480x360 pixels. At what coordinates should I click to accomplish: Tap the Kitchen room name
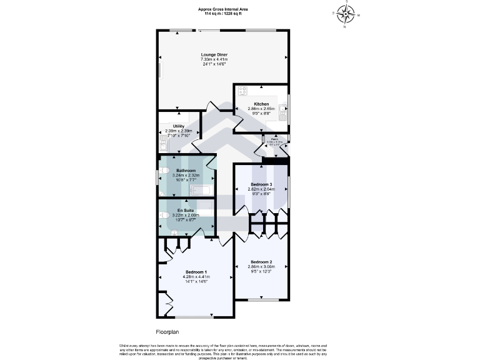(x=261, y=104)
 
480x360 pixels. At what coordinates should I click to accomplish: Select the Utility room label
(x=179, y=126)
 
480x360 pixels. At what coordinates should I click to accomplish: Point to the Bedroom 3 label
(x=261, y=184)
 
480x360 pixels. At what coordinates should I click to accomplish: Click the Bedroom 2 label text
(x=261, y=261)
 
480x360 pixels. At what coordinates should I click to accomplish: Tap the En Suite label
(x=186, y=210)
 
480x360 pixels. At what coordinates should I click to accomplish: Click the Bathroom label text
(x=186, y=171)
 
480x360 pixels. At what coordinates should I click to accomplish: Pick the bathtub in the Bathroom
(x=201, y=189)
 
